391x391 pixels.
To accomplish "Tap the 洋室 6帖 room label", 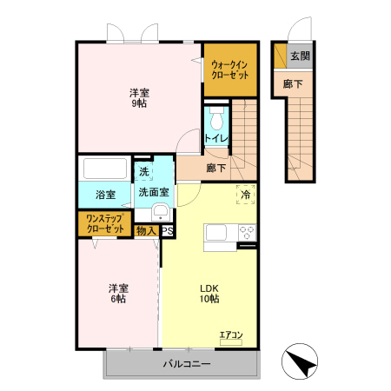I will pyautogui.click(x=117, y=293).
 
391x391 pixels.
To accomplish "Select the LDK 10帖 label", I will pyautogui.click(x=209, y=293).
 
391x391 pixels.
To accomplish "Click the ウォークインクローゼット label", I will pyautogui.click(x=231, y=70).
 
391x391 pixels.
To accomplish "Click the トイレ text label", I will pyautogui.click(x=215, y=138).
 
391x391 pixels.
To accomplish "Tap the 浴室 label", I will pyautogui.click(x=104, y=193).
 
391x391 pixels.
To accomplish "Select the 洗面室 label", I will pyautogui.click(x=154, y=193).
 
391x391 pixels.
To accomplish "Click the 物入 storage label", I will pyautogui.click(x=146, y=231).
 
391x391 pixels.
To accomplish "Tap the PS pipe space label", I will pyautogui.click(x=167, y=231).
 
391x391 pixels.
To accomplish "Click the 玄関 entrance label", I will pyautogui.click(x=300, y=56).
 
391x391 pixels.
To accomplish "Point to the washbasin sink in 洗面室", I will pyautogui.click(x=160, y=213).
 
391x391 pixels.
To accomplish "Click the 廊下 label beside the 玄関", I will pyautogui.click(x=293, y=83).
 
